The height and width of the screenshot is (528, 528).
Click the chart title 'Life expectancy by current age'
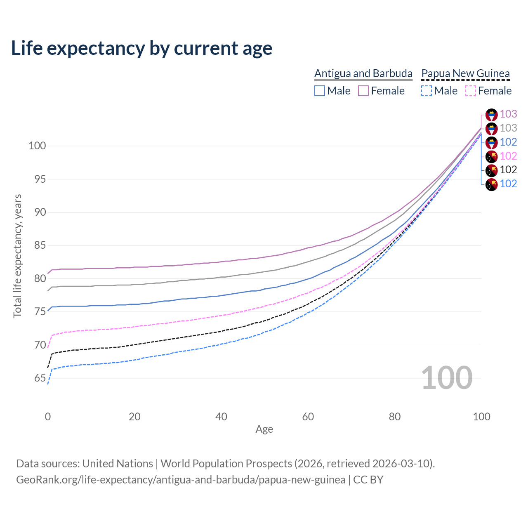[141, 48]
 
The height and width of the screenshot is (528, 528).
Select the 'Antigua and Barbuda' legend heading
[363, 73]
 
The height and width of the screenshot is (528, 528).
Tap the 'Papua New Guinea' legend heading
[465, 73]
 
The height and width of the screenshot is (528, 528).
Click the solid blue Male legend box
[320, 91]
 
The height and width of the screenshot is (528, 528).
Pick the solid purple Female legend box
[363, 91]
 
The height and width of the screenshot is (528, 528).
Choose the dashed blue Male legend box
[427, 91]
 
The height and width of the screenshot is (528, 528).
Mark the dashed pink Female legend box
[470, 91]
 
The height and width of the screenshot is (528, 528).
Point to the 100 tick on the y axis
[37, 146]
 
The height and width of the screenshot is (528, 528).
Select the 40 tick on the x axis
[221, 417]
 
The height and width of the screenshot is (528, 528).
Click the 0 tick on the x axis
[48, 417]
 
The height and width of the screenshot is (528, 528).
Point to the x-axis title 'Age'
[264, 429]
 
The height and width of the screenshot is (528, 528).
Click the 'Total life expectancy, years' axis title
[17, 256]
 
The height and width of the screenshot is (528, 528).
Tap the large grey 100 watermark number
[447, 378]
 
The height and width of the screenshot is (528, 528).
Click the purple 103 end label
[508, 114]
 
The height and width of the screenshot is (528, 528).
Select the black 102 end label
[508, 170]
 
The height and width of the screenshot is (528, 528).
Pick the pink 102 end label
[508, 156]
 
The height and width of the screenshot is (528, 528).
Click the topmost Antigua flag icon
[491, 115]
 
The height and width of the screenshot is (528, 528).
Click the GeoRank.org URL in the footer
[181, 480]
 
